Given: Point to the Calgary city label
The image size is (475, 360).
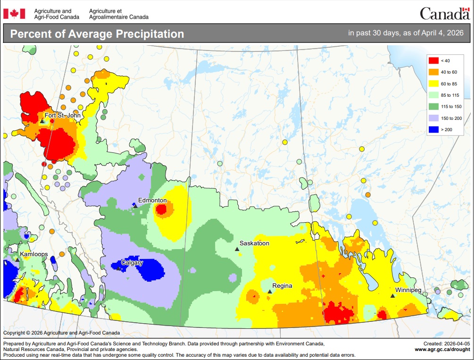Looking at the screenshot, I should (132, 262).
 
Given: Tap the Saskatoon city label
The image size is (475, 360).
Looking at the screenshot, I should (254, 243).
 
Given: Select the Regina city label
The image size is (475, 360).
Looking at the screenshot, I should (282, 285).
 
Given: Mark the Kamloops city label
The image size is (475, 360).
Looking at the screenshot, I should (33, 254).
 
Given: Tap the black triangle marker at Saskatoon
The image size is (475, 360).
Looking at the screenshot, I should (237, 249).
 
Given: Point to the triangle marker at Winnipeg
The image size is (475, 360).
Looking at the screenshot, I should (392, 295).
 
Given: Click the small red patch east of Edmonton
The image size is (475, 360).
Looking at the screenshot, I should (161, 209).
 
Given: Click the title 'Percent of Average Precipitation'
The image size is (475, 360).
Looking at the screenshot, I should (97, 34).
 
